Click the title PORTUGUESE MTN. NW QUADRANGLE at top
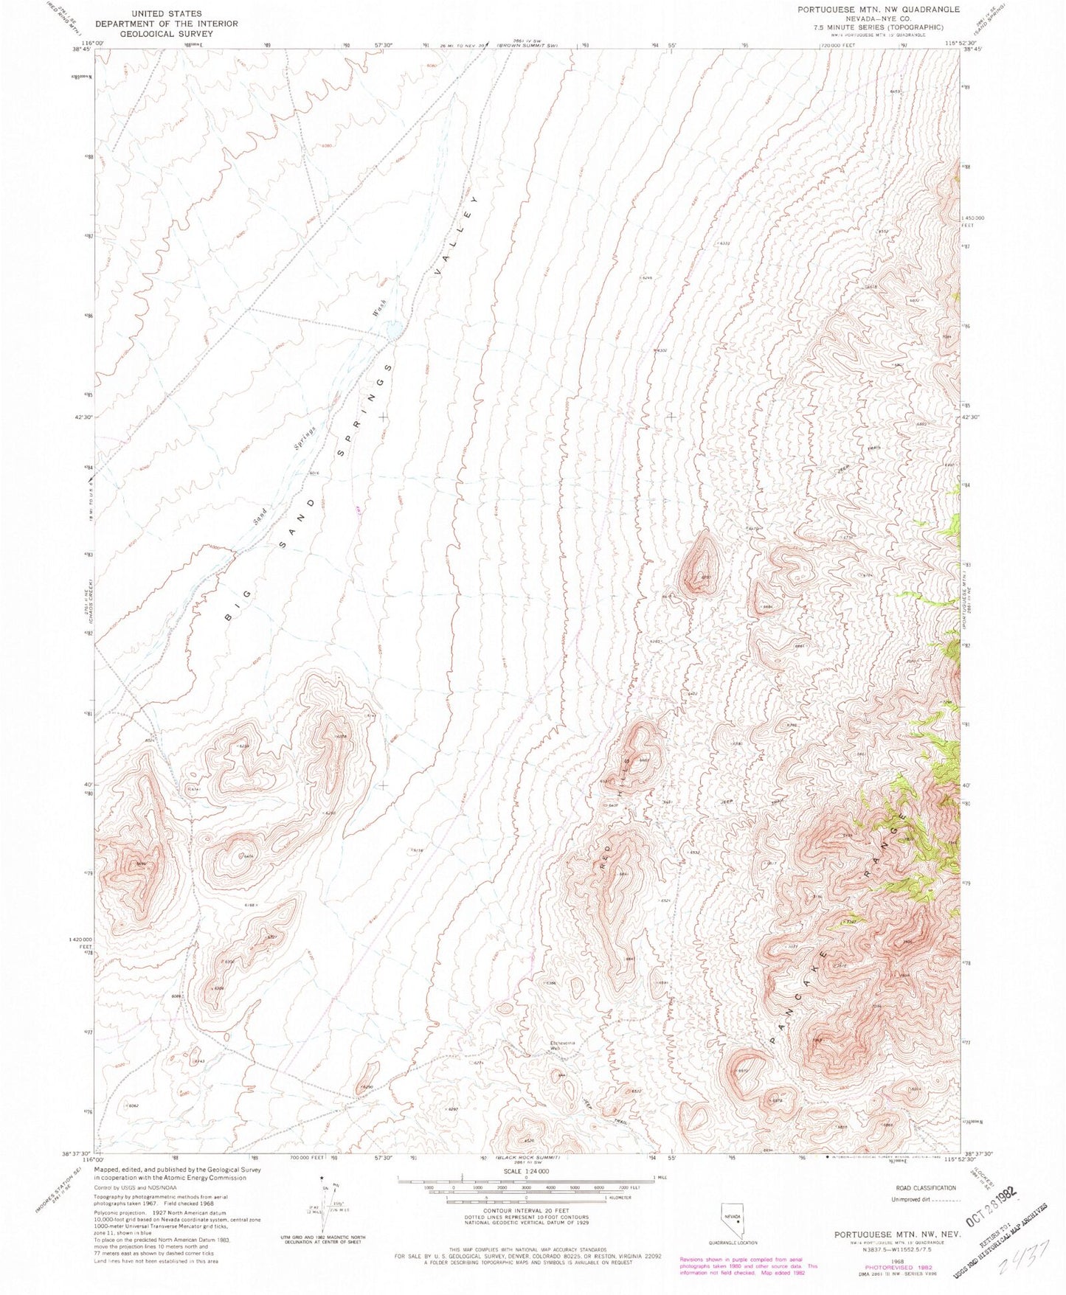[x=878, y=10]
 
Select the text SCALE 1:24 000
[x=525, y=1171]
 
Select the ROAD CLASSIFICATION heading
[x=925, y=1187]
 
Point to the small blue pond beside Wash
[x=395, y=329]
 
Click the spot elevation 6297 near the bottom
[x=452, y=1108]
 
